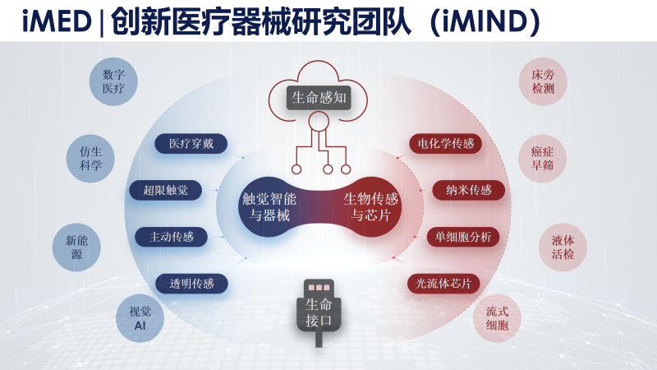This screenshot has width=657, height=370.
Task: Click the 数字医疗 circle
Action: [113, 81]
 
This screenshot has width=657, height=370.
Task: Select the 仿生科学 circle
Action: [90, 159]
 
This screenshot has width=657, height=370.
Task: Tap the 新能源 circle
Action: [76, 247]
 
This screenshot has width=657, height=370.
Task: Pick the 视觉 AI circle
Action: [140, 318]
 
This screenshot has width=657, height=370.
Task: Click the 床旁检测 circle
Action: [543, 81]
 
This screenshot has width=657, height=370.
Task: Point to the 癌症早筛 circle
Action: [542, 159]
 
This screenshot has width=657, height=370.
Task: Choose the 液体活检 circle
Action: [563, 247]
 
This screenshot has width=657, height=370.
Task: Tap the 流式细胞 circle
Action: [497, 318]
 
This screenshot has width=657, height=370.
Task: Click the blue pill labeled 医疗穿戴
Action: [191, 144]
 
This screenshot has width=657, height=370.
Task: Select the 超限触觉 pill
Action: [166, 191]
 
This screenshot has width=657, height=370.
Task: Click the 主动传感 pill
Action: [172, 237]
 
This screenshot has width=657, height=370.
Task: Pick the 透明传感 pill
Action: [191, 284]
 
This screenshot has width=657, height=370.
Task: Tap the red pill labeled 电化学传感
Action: [445, 144]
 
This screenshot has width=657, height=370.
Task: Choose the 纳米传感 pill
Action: [468, 191]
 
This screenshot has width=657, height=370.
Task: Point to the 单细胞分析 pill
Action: [463, 237]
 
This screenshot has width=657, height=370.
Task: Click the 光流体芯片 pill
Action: [443, 284]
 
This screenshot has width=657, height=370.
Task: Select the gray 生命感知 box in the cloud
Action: [319, 98]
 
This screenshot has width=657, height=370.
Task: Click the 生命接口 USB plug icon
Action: [319, 312]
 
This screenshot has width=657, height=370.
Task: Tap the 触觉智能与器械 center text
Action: [269, 207]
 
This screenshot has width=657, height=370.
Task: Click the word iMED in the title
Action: [57, 21]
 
